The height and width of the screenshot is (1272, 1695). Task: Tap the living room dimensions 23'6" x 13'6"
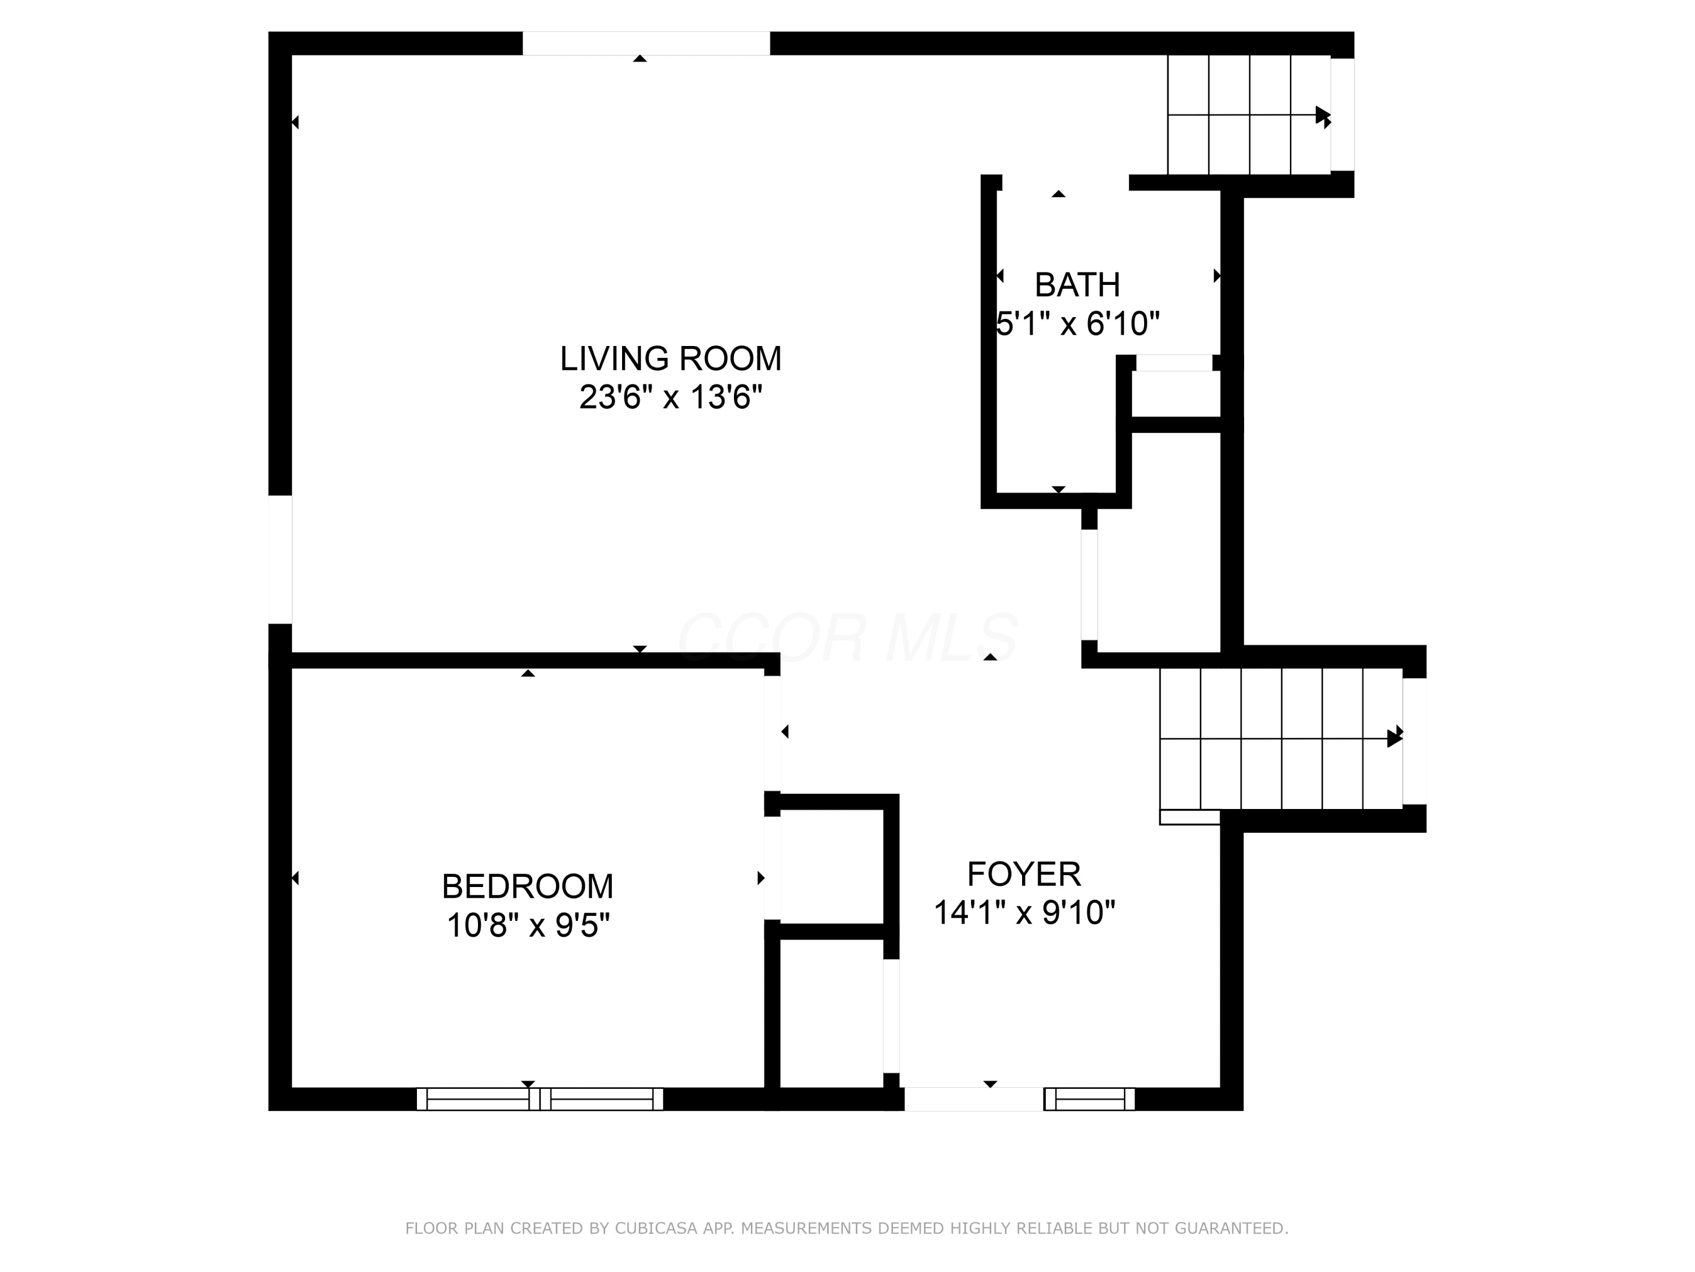(671, 397)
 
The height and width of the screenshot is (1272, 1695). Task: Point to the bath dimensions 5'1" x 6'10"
(1077, 323)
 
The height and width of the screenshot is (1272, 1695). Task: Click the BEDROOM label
(528, 886)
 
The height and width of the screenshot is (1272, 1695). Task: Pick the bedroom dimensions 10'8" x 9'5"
(528, 925)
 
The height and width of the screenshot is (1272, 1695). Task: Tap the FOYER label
(1024, 873)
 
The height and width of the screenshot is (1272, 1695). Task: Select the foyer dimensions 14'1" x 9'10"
(1024, 912)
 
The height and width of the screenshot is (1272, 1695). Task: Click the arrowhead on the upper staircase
(1323, 116)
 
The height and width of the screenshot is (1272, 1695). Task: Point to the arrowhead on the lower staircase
(1394, 738)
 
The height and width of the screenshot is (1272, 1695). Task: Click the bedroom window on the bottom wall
(540, 1098)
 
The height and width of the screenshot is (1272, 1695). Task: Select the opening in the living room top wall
(646, 44)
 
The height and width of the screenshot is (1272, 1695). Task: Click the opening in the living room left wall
(280, 559)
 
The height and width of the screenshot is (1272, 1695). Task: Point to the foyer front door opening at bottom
(974, 1098)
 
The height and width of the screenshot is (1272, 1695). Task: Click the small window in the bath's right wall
(1174, 363)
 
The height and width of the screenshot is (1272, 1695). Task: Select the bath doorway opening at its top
(1065, 183)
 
